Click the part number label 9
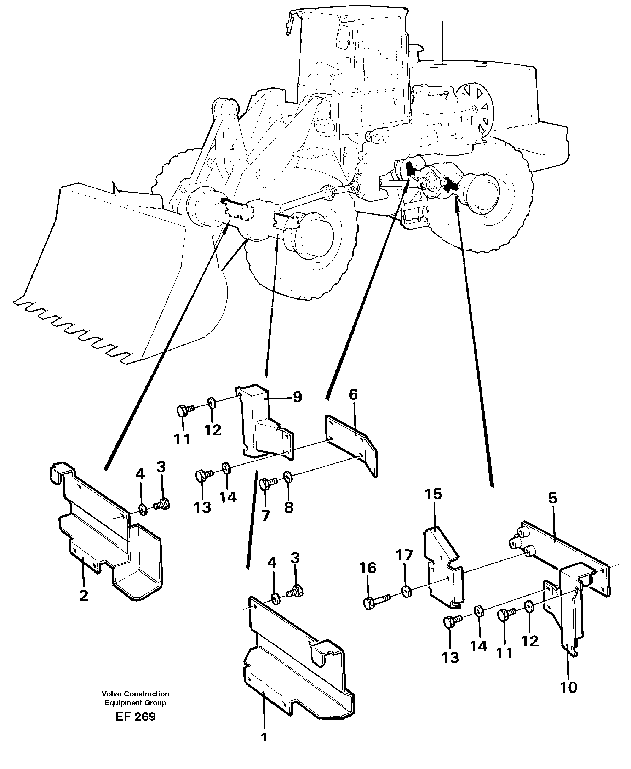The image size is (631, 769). point(297,397)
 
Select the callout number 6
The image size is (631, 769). point(353,394)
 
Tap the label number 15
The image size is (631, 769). point(433,494)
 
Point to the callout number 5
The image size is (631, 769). point(552,499)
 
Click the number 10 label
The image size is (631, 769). point(569,688)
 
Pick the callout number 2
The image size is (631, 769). point(84,596)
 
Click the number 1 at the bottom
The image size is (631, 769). point(264,737)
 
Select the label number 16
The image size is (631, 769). point(368,568)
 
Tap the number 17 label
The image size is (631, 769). point(405,555)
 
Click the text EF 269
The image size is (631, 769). point(136,717)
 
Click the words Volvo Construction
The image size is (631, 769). point(135,694)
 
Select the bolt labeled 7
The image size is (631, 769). point(268,484)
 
